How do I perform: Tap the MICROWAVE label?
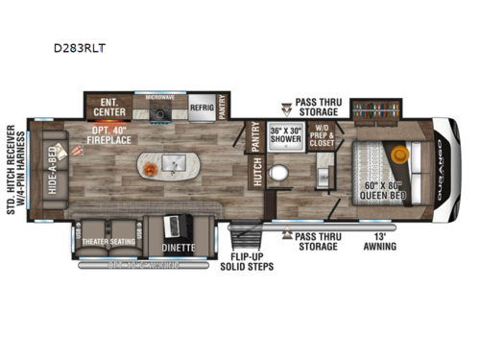(x=158, y=98)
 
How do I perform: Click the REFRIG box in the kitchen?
(x=201, y=108)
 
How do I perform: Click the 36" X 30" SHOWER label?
(x=285, y=134)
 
